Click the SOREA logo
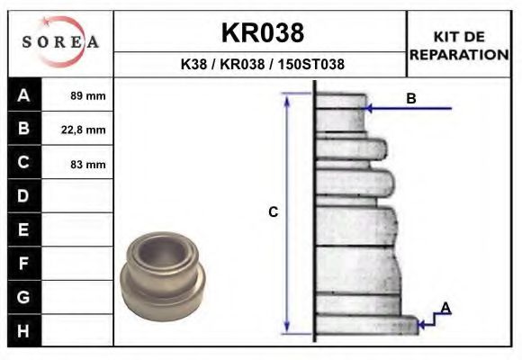(x=59, y=41)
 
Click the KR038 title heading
(x=262, y=33)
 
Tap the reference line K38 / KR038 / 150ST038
(x=262, y=65)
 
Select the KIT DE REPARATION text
(x=459, y=45)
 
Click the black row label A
(x=23, y=95)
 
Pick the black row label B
(x=23, y=129)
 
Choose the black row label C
(x=23, y=163)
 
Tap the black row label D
(x=23, y=196)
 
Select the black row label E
(x=23, y=229)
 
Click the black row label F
(x=23, y=263)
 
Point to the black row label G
(x=23, y=296)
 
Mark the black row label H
(x=23, y=330)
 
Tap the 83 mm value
(x=88, y=164)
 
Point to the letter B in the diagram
(x=411, y=99)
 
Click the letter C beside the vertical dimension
(x=274, y=212)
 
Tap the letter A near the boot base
(x=445, y=309)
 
